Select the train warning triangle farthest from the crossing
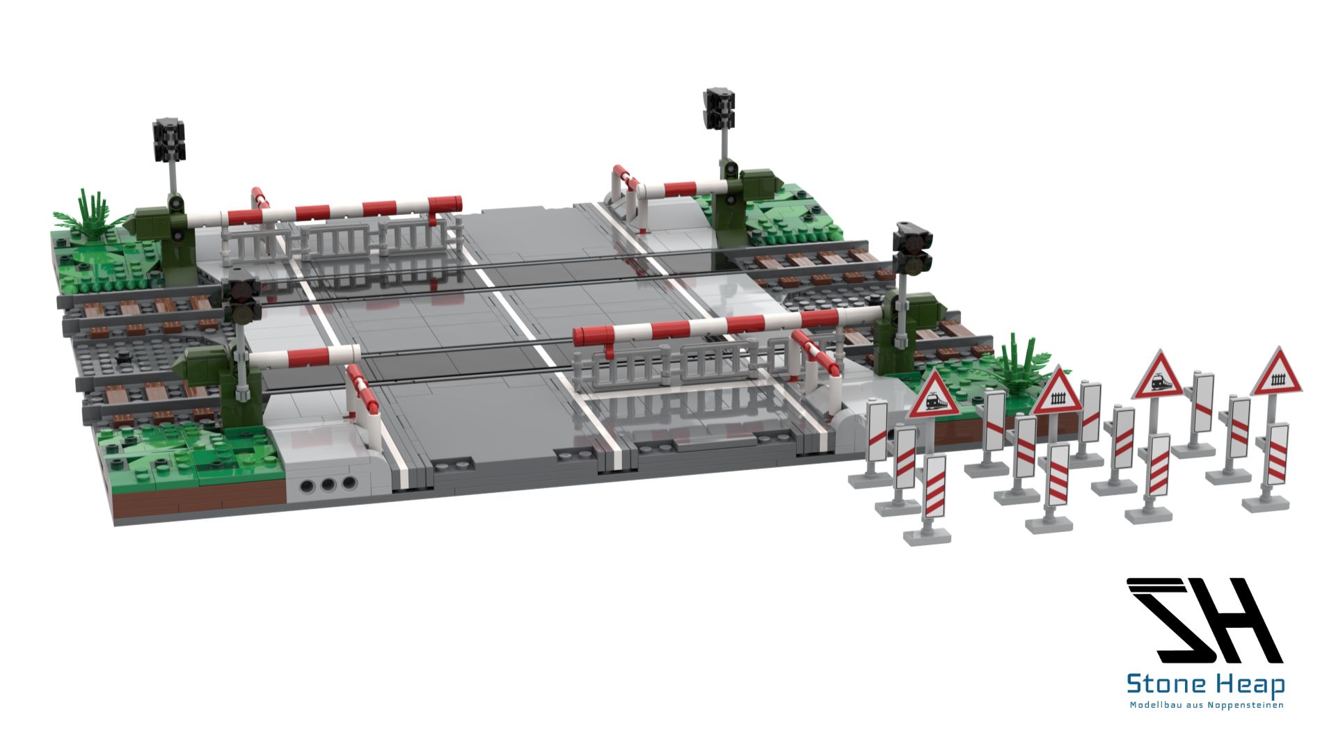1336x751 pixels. (1157, 375)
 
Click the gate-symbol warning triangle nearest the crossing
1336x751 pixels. (1058, 391)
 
